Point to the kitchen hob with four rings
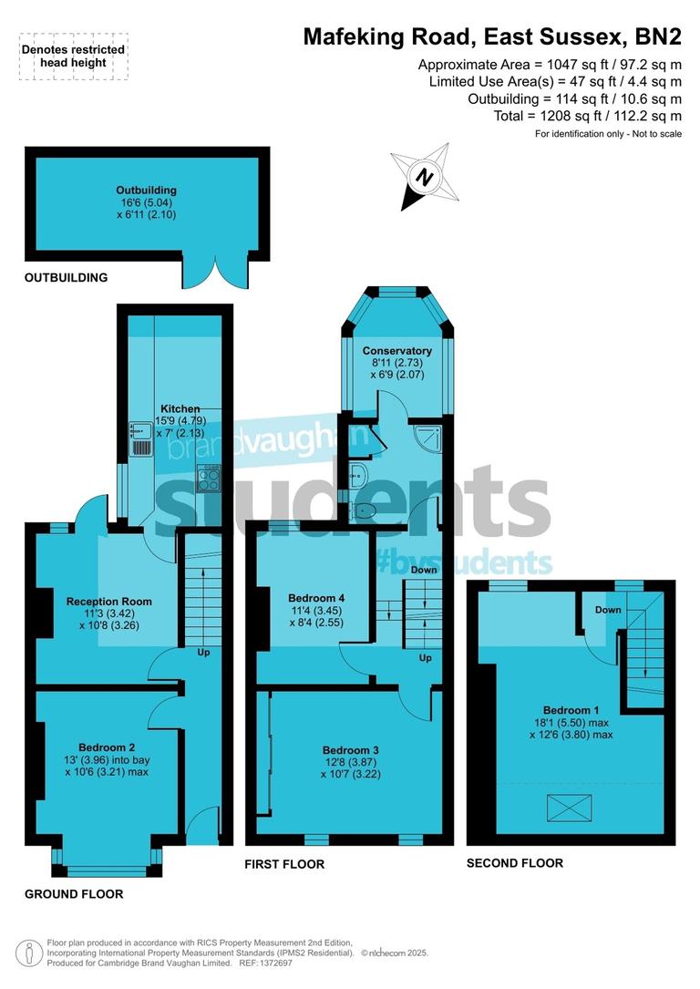[210, 478]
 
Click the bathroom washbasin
[357, 472]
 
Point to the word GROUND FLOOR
[74, 894]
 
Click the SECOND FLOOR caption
[514, 862]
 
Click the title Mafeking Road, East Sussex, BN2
[492, 36]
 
